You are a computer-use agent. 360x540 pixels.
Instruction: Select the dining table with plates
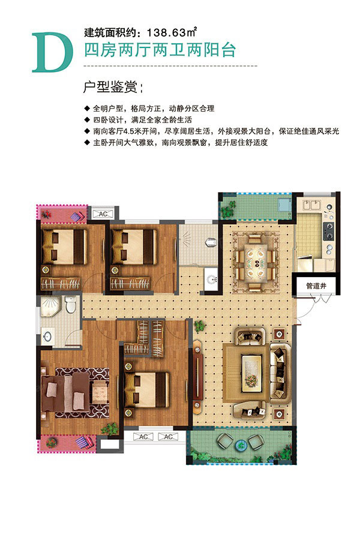[256, 258]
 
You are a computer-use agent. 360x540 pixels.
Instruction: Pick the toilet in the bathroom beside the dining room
[211, 242]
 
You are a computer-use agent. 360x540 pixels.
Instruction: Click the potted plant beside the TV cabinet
[199, 326]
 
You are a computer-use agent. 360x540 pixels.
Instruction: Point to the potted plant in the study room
[109, 428]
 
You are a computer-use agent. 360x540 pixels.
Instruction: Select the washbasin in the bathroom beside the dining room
[209, 278]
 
